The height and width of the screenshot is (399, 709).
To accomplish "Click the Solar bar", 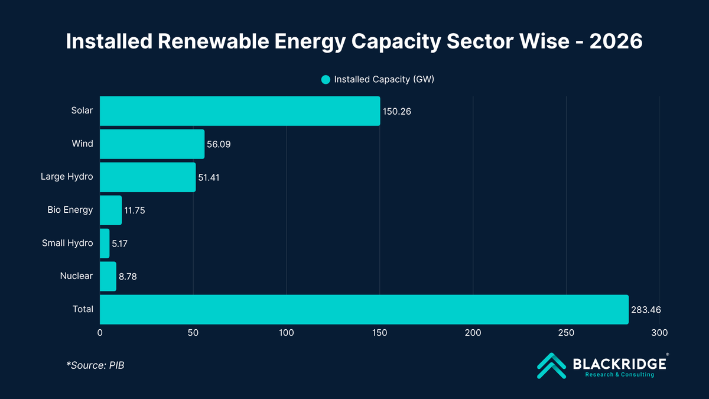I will click(240, 111).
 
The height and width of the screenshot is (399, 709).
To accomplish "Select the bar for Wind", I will click(152, 144).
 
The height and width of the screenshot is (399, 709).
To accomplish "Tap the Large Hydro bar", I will click(148, 177).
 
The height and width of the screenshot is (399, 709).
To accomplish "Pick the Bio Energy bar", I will click(110, 210).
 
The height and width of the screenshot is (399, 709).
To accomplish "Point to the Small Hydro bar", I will click(105, 244).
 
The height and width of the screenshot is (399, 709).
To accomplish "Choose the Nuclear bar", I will click(108, 277).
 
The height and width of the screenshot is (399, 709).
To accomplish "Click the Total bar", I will click(364, 310).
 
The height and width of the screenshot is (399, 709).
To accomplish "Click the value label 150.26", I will click(398, 111).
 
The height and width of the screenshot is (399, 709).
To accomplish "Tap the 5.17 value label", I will click(121, 244).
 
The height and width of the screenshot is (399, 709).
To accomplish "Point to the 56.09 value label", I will click(219, 144).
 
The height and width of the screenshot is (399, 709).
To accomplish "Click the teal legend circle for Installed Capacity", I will click(326, 80).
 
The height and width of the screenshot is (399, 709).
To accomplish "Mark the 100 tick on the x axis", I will click(287, 333).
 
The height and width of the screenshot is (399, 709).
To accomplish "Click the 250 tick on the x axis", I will click(566, 333).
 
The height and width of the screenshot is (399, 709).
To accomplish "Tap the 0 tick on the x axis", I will click(100, 333).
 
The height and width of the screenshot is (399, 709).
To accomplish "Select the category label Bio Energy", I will click(70, 210).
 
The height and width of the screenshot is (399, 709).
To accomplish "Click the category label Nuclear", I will click(76, 276).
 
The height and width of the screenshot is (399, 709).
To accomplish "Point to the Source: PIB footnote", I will click(95, 365).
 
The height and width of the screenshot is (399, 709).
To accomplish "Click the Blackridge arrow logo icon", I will click(551, 365).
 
